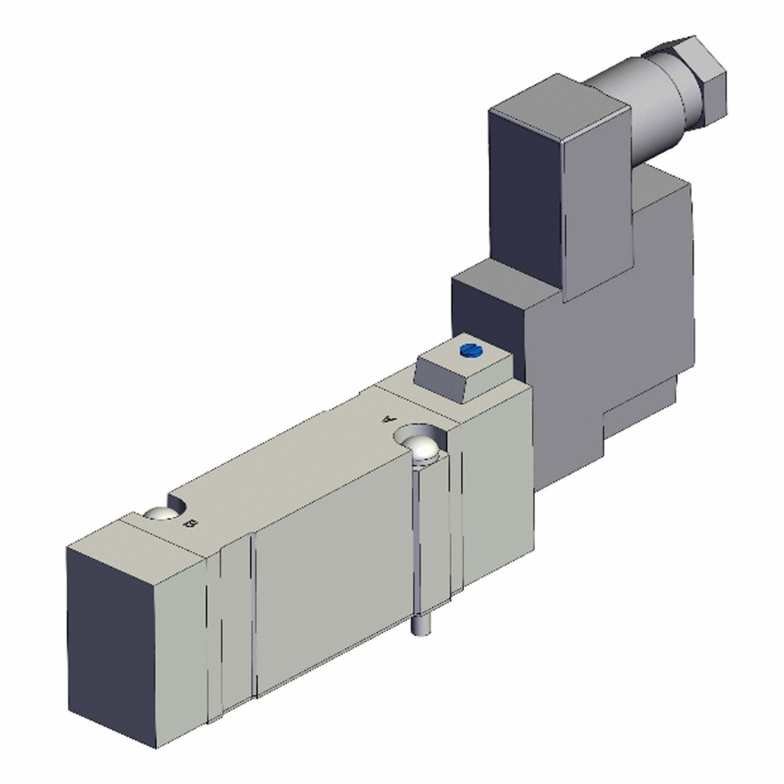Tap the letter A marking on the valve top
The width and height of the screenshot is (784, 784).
[389, 419]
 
